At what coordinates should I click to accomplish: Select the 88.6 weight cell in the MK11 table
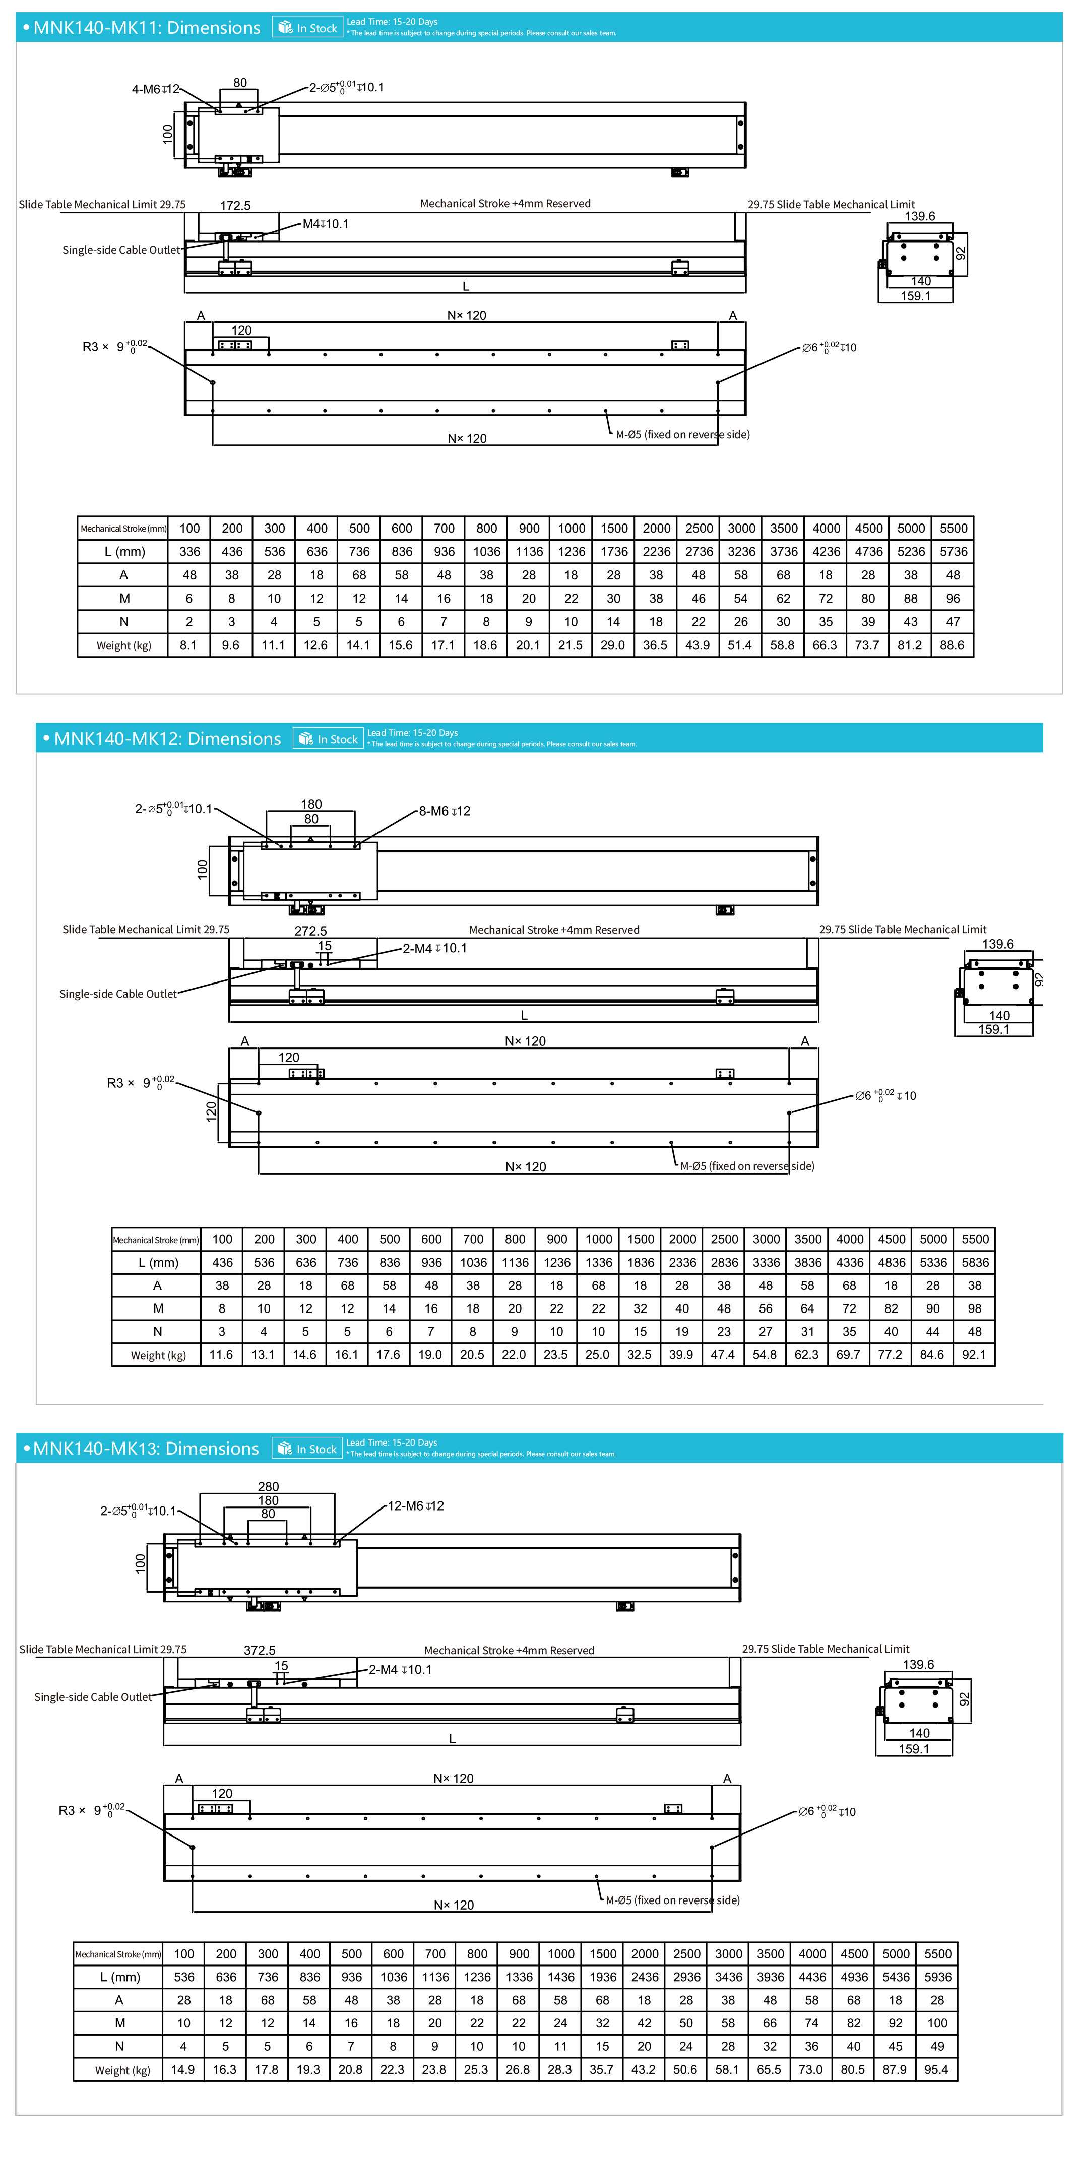(x=952, y=645)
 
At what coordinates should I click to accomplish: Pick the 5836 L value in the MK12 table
(x=975, y=1262)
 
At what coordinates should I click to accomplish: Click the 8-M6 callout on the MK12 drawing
(x=445, y=811)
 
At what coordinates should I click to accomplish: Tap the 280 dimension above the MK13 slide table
(x=268, y=1486)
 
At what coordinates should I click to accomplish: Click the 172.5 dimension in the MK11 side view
(x=235, y=206)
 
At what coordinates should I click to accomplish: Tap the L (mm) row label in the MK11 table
(x=124, y=552)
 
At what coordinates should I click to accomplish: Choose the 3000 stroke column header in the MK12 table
(x=766, y=1239)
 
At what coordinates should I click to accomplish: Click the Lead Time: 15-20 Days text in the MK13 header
(x=392, y=1443)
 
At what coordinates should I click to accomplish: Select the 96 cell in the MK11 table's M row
(x=953, y=599)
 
